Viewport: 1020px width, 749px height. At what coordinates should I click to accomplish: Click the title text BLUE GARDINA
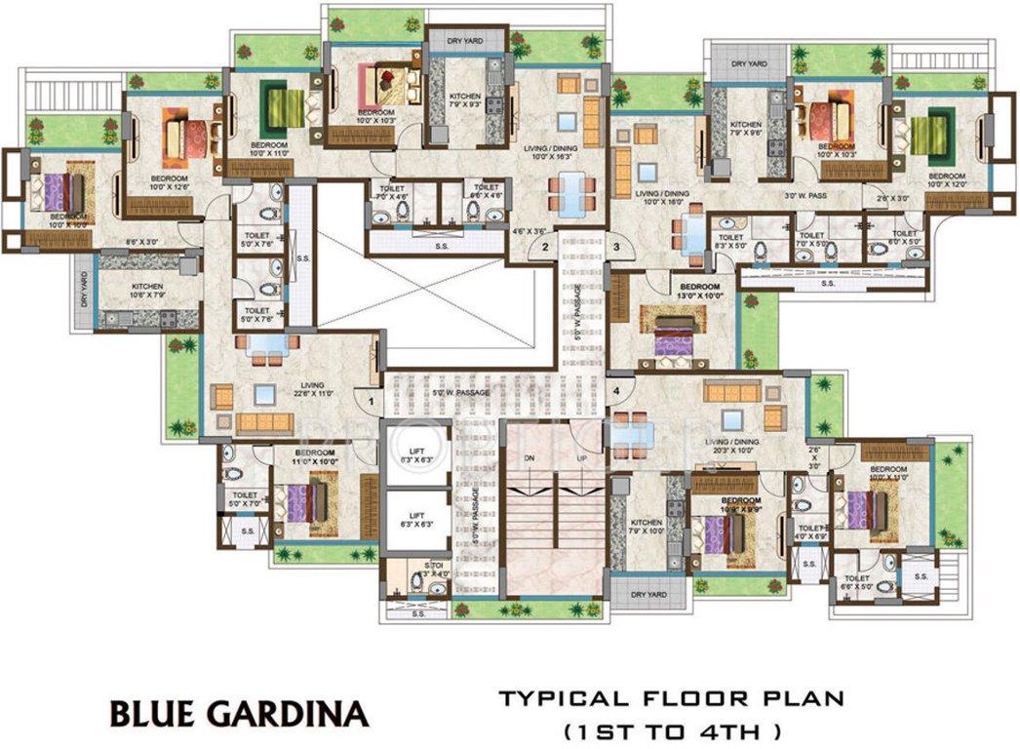239,713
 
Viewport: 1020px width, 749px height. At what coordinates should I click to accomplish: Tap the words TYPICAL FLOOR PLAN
670,698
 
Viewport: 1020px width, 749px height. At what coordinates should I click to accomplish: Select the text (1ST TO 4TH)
671,729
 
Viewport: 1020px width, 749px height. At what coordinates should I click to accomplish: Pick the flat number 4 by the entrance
616,392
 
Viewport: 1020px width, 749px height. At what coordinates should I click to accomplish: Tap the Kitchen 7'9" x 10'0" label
647,527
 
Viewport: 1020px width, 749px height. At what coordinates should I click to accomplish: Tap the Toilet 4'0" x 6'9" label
811,532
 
